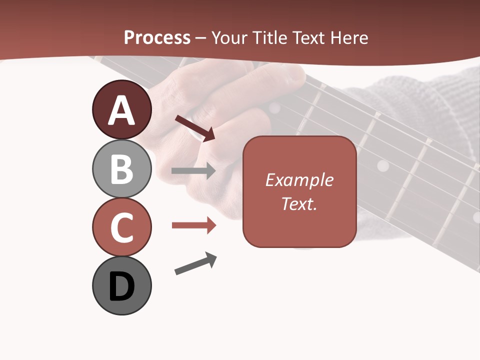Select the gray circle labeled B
(x=122, y=168)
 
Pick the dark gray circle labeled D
(x=122, y=285)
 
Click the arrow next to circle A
(x=195, y=128)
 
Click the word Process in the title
(x=157, y=37)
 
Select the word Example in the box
(x=299, y=180)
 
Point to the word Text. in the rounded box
(x=299, y=203)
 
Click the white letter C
(x=122, y=228)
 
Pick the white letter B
(x=122, y=169)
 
